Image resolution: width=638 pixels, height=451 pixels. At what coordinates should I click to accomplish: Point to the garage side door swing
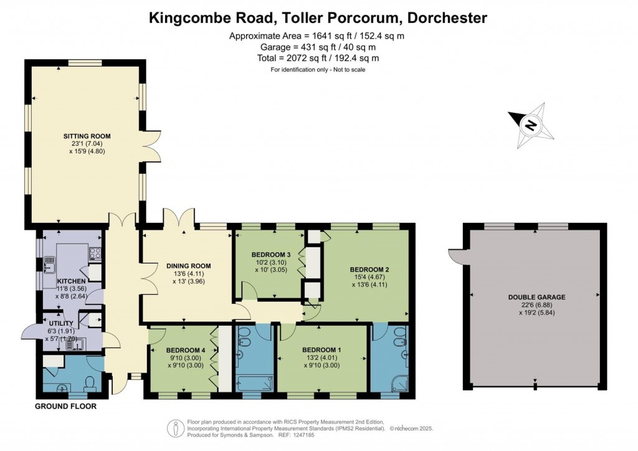(x=455, y=256)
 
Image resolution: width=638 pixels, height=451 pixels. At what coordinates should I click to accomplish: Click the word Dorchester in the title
(x=446, y=18)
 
